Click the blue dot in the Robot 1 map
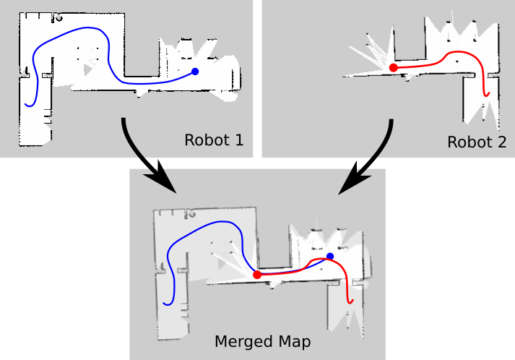pyautogui.click(x=194, y=71)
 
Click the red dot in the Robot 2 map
pyautogui.click(x=394, y=67)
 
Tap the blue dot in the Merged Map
pyautogui.click(x=330, y=256)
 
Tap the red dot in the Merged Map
pyautogui.click(x=257, y=275)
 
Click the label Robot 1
pyautogui.click(x=214, y=140)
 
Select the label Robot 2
pyautogui.click(x=477, y=142)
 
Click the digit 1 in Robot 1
pyautogui.click(x=238, y=140)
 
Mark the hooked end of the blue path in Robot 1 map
pyautogui.click(x=26, y=104)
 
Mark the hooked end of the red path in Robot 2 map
pyautogui.click(x=488, y=93)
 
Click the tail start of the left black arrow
pyautogui.click(x=124, y=119)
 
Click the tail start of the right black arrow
pyautogui.click(x=391, y=121)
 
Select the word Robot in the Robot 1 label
pyautogui.click(x=204, y=140)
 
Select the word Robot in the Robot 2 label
pyautogui.click(x=467, y=142)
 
